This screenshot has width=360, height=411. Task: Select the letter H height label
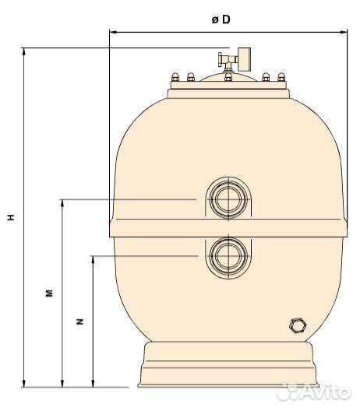[12, 219]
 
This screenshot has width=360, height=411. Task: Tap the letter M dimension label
[48, 293]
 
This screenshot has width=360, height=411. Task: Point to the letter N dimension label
[79, 321]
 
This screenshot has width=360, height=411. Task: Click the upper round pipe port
[228, 199]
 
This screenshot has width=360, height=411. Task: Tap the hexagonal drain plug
[295, 325]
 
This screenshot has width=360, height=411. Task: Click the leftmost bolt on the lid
[175, 76]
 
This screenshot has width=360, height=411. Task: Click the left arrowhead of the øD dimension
[111, 33]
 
